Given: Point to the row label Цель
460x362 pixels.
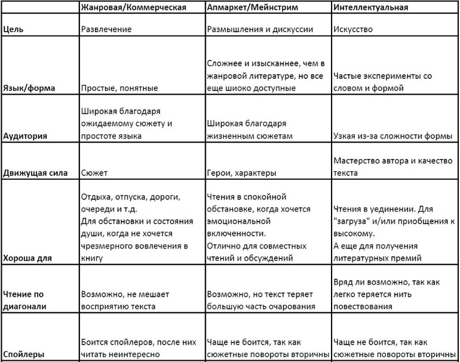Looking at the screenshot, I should (13, 28).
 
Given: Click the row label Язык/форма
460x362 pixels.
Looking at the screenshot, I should (29, 88).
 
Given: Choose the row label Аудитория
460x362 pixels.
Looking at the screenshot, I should (25, 136).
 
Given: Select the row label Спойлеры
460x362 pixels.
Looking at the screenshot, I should (23, 354).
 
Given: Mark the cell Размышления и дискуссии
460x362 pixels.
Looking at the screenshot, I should (260, 28).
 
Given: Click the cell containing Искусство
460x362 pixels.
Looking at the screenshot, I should (353, 28).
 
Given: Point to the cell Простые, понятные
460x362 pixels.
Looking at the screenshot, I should (119, 88).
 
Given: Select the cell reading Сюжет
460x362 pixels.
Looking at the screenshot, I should (93, 173).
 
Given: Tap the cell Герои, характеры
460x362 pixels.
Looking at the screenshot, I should (241, 173).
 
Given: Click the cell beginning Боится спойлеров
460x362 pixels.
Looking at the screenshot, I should (137, 348).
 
